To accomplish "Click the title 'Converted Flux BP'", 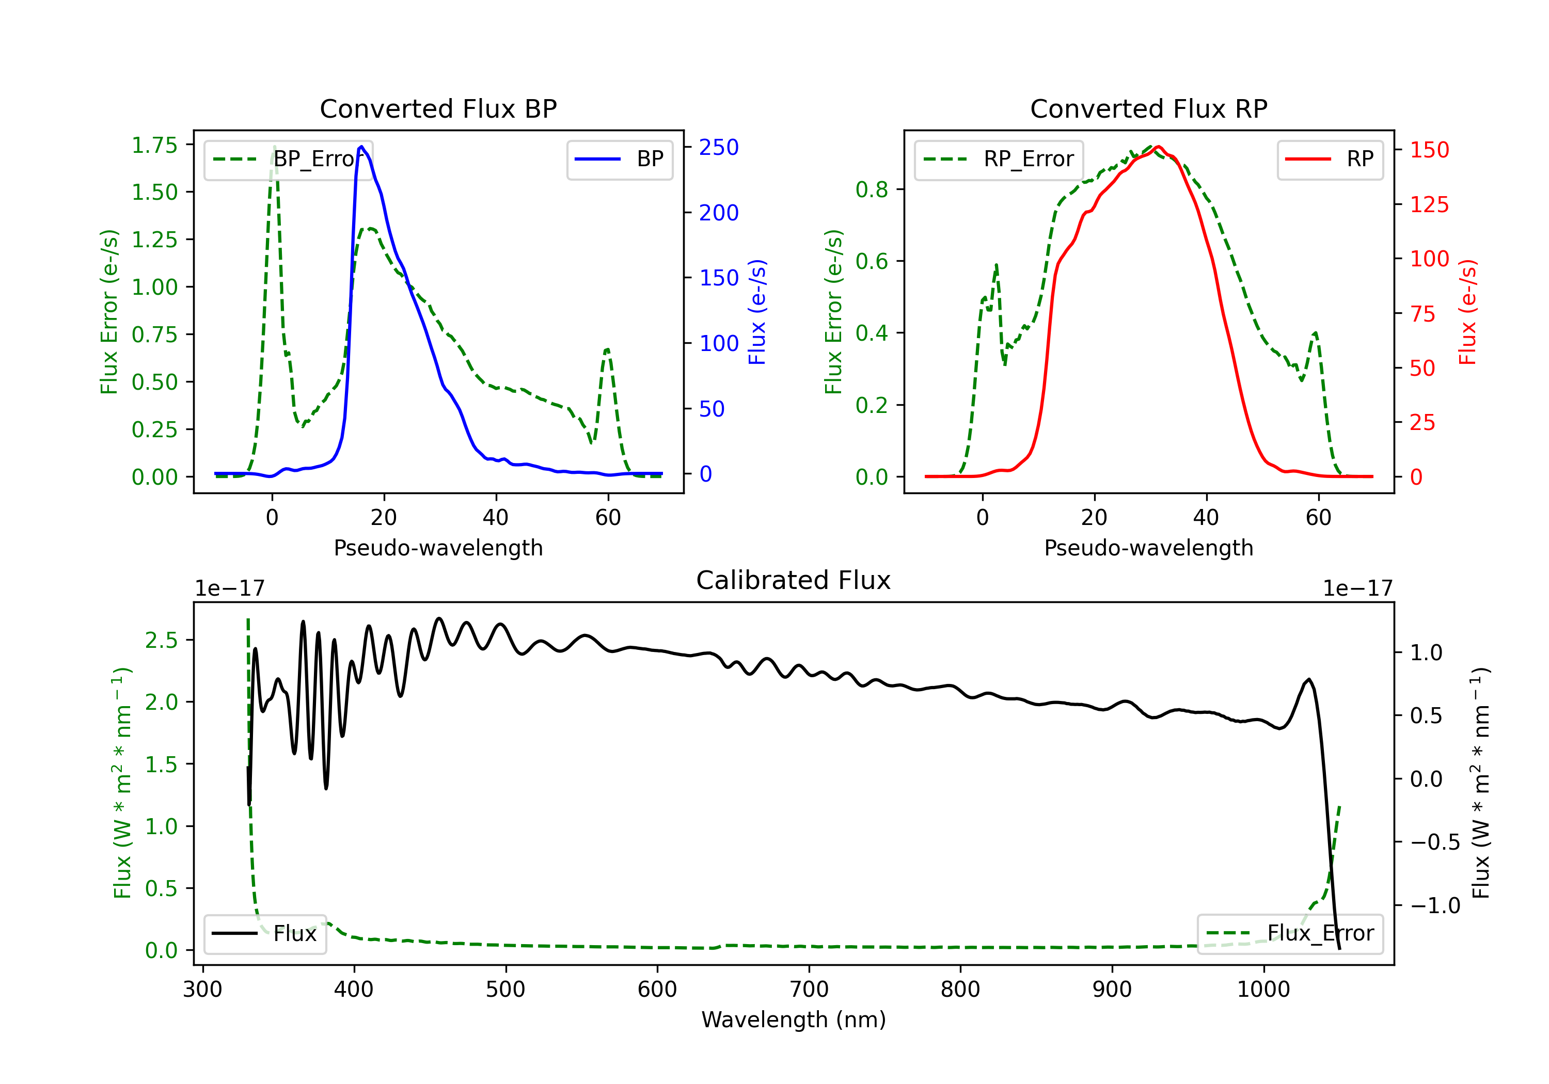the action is [x=438, y=108].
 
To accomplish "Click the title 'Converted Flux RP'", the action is [x=1148, y=108].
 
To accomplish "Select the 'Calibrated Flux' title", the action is [x=794, y=580].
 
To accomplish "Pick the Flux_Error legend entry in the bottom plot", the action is [x=1290, y=934].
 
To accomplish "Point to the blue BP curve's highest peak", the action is [x=361, y=147].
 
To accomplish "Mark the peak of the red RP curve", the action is [x=1158, y=147].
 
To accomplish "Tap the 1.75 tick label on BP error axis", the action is [x=154, y=145].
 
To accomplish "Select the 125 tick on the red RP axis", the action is [x=1429, y=204].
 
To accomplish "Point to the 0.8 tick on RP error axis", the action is [x=872, y=189].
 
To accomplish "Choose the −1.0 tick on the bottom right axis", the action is [x=1435, y=905].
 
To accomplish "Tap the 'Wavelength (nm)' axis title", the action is [x=794, y=1019].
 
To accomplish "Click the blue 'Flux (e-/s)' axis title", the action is [x=757, y=312].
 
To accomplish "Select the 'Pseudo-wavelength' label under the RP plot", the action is [x=1148, y=548].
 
